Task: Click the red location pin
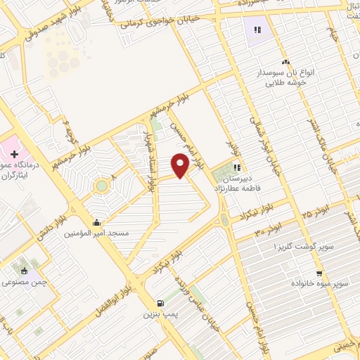click(181, 165)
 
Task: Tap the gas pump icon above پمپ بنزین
click(160, 303)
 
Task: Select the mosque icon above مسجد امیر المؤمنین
click(96, 222)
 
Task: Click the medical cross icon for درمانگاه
click(15, 153)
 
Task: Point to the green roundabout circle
click(102, 186)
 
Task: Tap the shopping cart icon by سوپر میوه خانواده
click(319, 273)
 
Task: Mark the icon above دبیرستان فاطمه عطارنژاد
click(238, 167)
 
